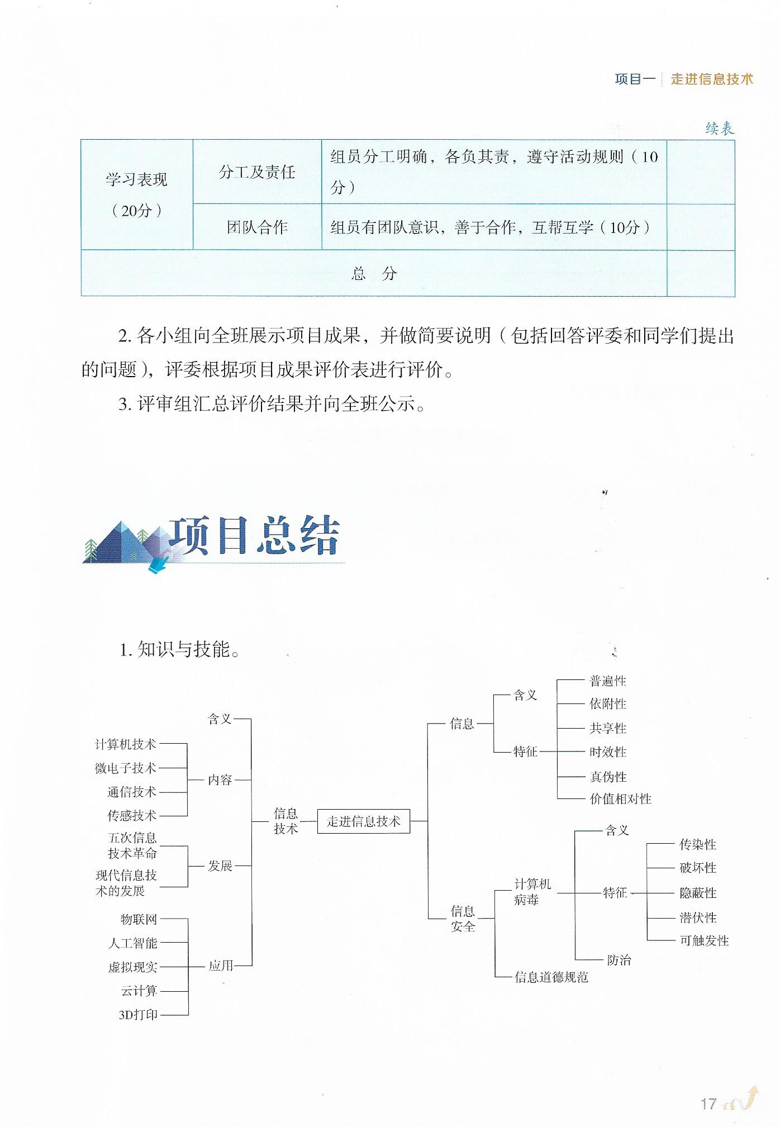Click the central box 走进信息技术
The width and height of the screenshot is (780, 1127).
pyautogui.click(x=363, y=821)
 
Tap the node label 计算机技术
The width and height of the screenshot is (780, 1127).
pyautogui.click(x=126, y=744)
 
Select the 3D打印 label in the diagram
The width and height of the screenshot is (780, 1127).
pyautogui.click(x=139, y=1015)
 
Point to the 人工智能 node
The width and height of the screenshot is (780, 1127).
pyautogui.click(x=133, y=943)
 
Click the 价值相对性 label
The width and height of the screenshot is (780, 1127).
pyautogui.click(x=620, y=799)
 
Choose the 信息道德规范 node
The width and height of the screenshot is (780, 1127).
pyautogui.click(x=551, y=977)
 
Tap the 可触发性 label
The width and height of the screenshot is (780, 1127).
pyautogui.click(x=704, y=940)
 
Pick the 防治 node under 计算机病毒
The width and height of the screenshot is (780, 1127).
pyautogui.click(x=619, y=960)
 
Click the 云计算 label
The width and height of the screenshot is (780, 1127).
pyautogui.click(x=139, y=991)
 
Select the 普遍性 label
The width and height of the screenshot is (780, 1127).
pyautogui.click(x=608, y=681)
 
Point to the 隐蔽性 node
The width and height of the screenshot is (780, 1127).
pyautogui.click(x=698, y=893)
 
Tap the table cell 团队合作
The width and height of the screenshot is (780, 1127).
pyautogui.click(x=257, y=227)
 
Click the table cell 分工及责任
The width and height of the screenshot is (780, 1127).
pyautogui.click(x=257, y=172)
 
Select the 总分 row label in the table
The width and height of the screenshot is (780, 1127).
pyautogui.click(x=374, y=273)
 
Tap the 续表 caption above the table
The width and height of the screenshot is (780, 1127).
pyautogui.click(x=720, y=129)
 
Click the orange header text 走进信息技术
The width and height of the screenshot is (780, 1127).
pyautogui.click(x=712, y=79)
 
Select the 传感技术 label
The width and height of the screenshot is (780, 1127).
pyautogui.click(x=132, y=816)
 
